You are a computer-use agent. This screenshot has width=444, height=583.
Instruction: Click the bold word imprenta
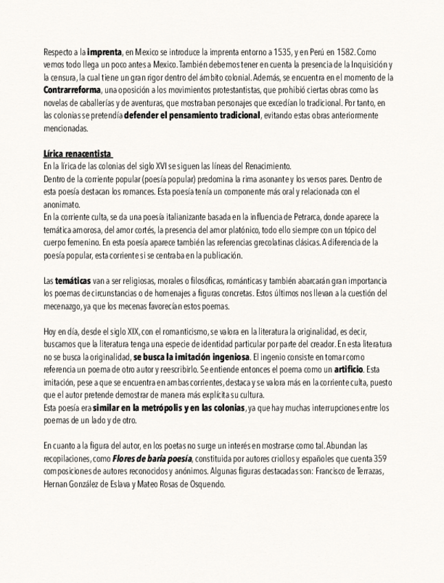click(104, 52)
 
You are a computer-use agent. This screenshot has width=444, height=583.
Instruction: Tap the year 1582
click(346, 52)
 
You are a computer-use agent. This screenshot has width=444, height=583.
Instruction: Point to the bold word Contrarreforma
click(71, 90)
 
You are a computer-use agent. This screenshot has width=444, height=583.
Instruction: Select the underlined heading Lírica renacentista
click(77, 153)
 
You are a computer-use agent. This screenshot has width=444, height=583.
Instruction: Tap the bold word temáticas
click(72, 281)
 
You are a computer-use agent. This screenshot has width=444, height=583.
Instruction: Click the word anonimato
click(61, 204)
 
